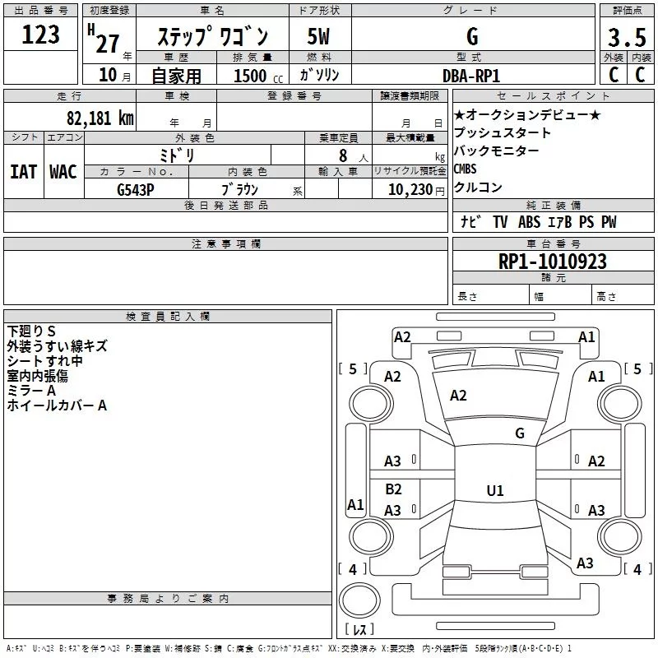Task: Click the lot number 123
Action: [41, 35]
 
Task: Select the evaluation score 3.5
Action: [626, 37]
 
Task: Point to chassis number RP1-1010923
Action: [552, 262]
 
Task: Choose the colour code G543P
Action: [136, 189]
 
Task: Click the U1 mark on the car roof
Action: [494, 491]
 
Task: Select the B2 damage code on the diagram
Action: [393, 489]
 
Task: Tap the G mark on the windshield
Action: [519, 433]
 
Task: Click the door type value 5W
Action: [319, 36]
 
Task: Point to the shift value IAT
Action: [23, 171]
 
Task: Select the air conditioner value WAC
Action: [63, 171]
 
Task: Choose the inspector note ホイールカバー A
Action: [57, 405]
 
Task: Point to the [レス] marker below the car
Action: [359, 630]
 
